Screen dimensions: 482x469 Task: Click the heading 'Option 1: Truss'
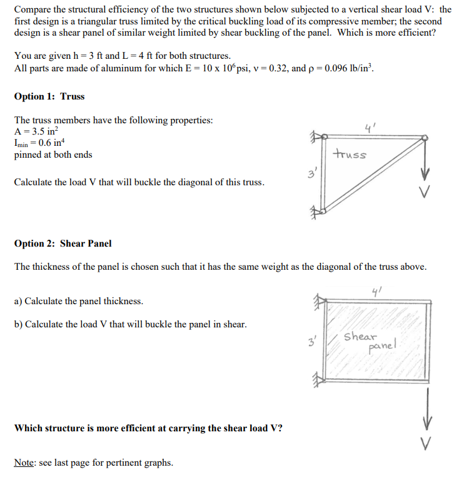coord(49,96)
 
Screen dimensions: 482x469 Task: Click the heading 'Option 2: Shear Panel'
coord(63,244)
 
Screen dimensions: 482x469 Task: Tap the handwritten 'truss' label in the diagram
coord(350,154)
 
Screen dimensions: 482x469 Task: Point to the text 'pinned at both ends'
coord(53,155)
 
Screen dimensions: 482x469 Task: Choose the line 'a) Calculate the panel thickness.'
coord(79,301)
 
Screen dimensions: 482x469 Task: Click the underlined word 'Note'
coord(25,463)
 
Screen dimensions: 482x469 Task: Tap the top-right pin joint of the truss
coord(425,138)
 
